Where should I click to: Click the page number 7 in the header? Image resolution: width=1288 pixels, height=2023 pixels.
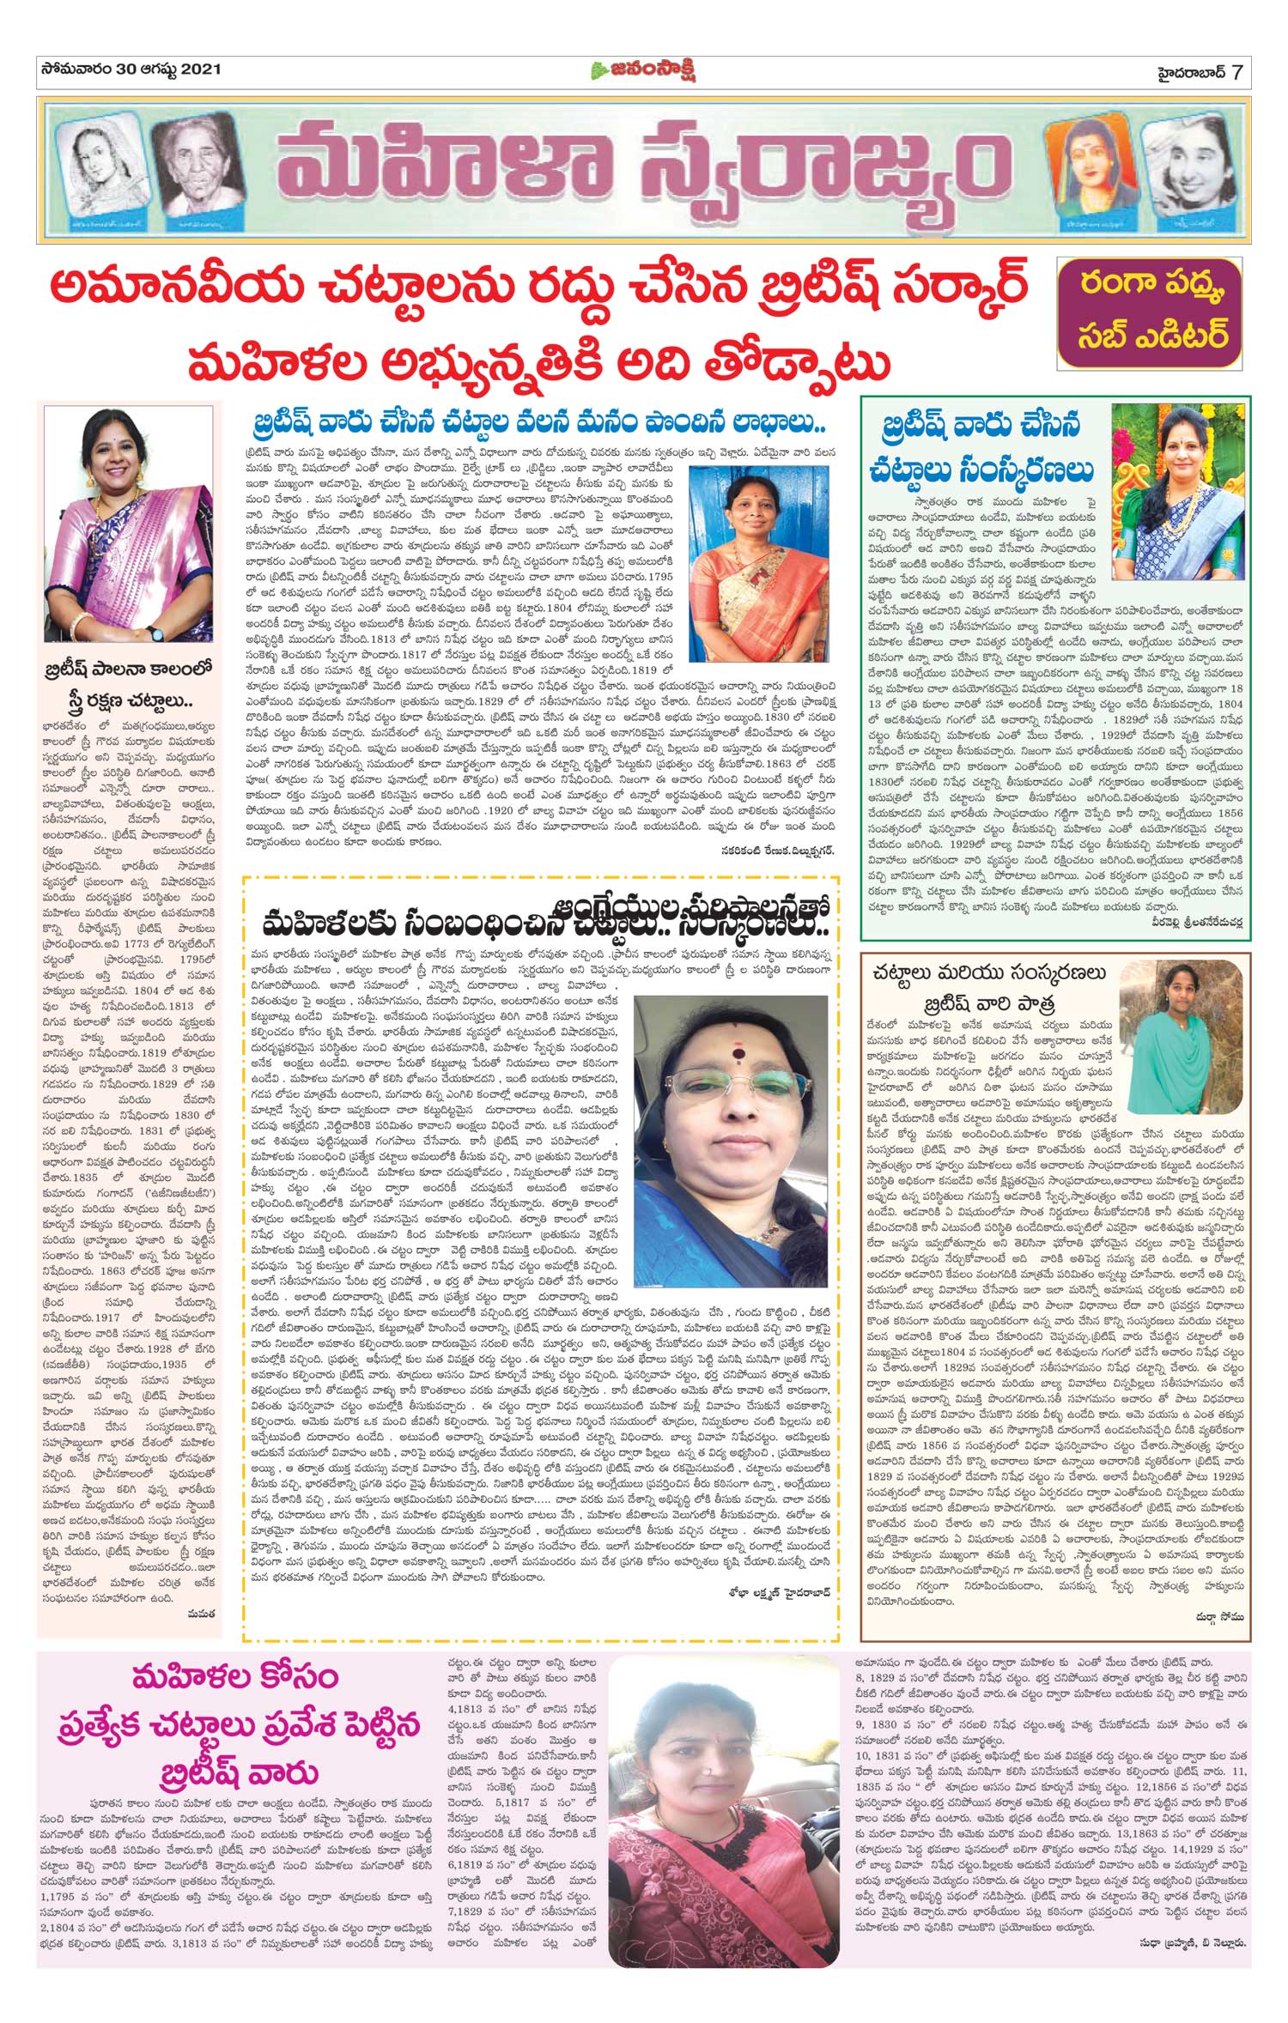pyautogui.click(x=1236, y=71)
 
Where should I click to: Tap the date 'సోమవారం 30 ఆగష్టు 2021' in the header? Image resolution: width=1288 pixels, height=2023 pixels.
pyautogui.click(x=130, y=69)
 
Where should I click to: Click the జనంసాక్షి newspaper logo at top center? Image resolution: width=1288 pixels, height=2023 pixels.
pyautogui.click(x=643, y=70)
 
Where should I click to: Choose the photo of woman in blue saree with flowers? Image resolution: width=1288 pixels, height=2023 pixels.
pyautogui.click(x=1178, y=491)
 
